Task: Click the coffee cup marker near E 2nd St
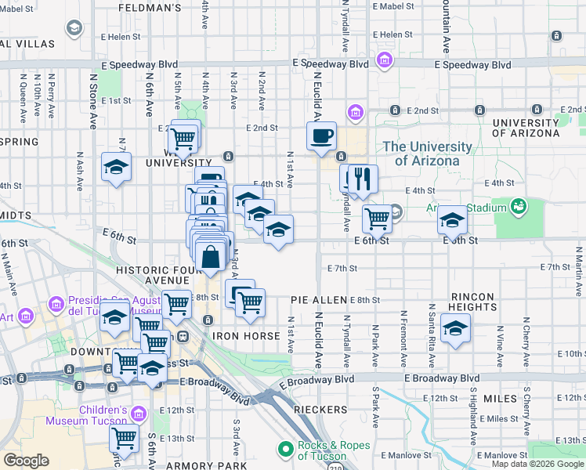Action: point(321,137)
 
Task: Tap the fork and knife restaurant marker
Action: point(362,179)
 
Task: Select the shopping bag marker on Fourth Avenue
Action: point(212,256)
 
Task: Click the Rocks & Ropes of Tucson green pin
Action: point(286,449)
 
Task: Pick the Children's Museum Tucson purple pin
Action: point(139,413)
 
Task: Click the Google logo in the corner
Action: point(26,461)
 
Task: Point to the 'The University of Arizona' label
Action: point(428,154)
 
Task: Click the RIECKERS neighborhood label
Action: point(320,410)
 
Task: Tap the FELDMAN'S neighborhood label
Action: point(150,8)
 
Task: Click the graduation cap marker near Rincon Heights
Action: point(454,329)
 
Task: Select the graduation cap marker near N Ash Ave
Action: point(116,168)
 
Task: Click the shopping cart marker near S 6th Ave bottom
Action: point(124,439)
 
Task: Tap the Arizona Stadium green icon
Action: point(517,206)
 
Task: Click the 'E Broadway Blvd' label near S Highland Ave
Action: point(442,378)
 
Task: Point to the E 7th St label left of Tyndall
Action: point(342,269)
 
